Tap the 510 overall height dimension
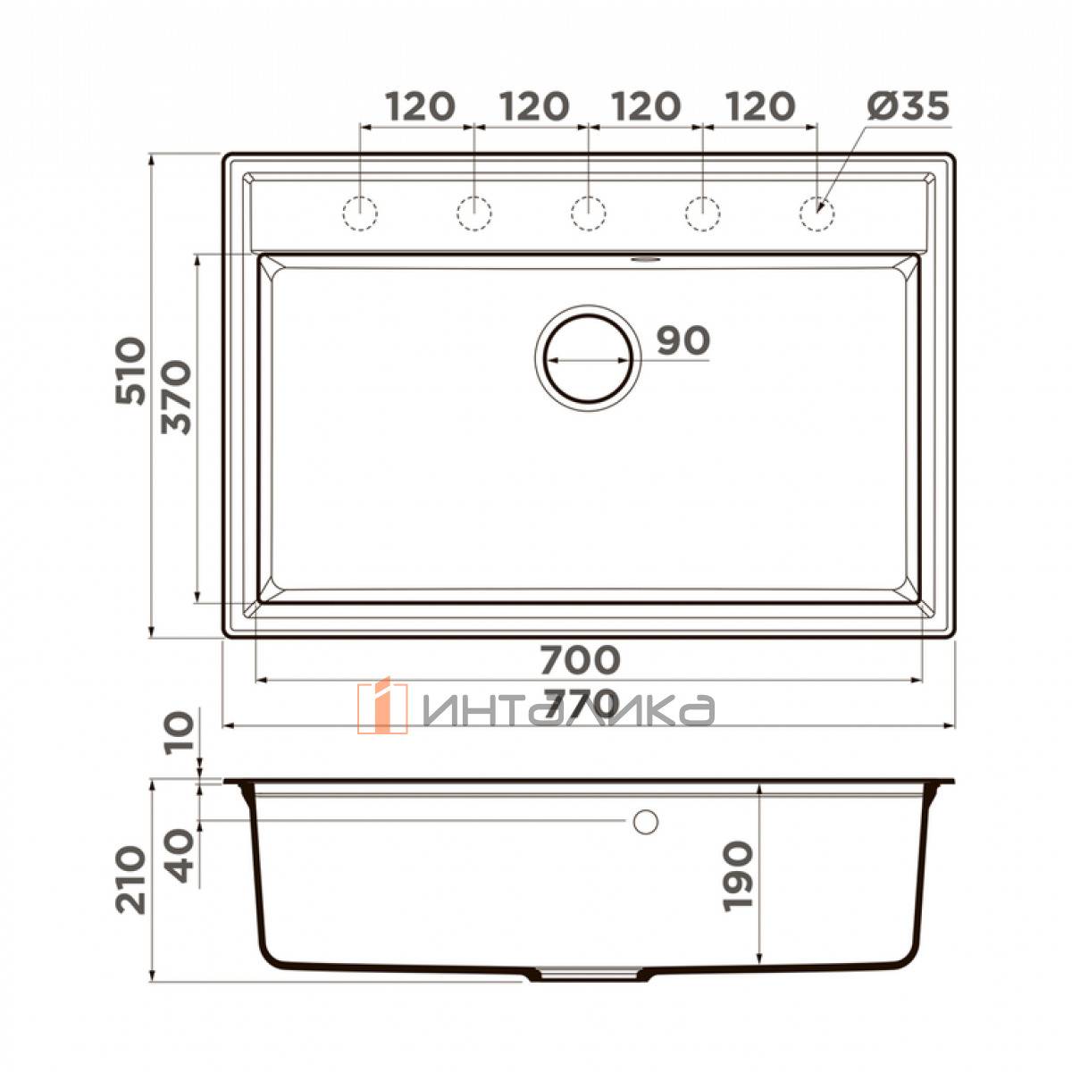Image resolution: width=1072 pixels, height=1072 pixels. (x=130, y=371)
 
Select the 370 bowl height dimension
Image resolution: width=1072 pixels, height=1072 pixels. (x=176, y=398)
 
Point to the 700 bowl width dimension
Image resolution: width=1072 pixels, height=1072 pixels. (x=580, y=659)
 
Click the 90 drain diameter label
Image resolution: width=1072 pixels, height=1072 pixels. (x=683, y=340)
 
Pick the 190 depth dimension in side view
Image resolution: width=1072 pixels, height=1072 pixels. (x=738, y=875)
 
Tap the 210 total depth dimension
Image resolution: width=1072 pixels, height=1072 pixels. (x=130, y=882)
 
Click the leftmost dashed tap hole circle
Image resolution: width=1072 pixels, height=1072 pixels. (x=359, y=214)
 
